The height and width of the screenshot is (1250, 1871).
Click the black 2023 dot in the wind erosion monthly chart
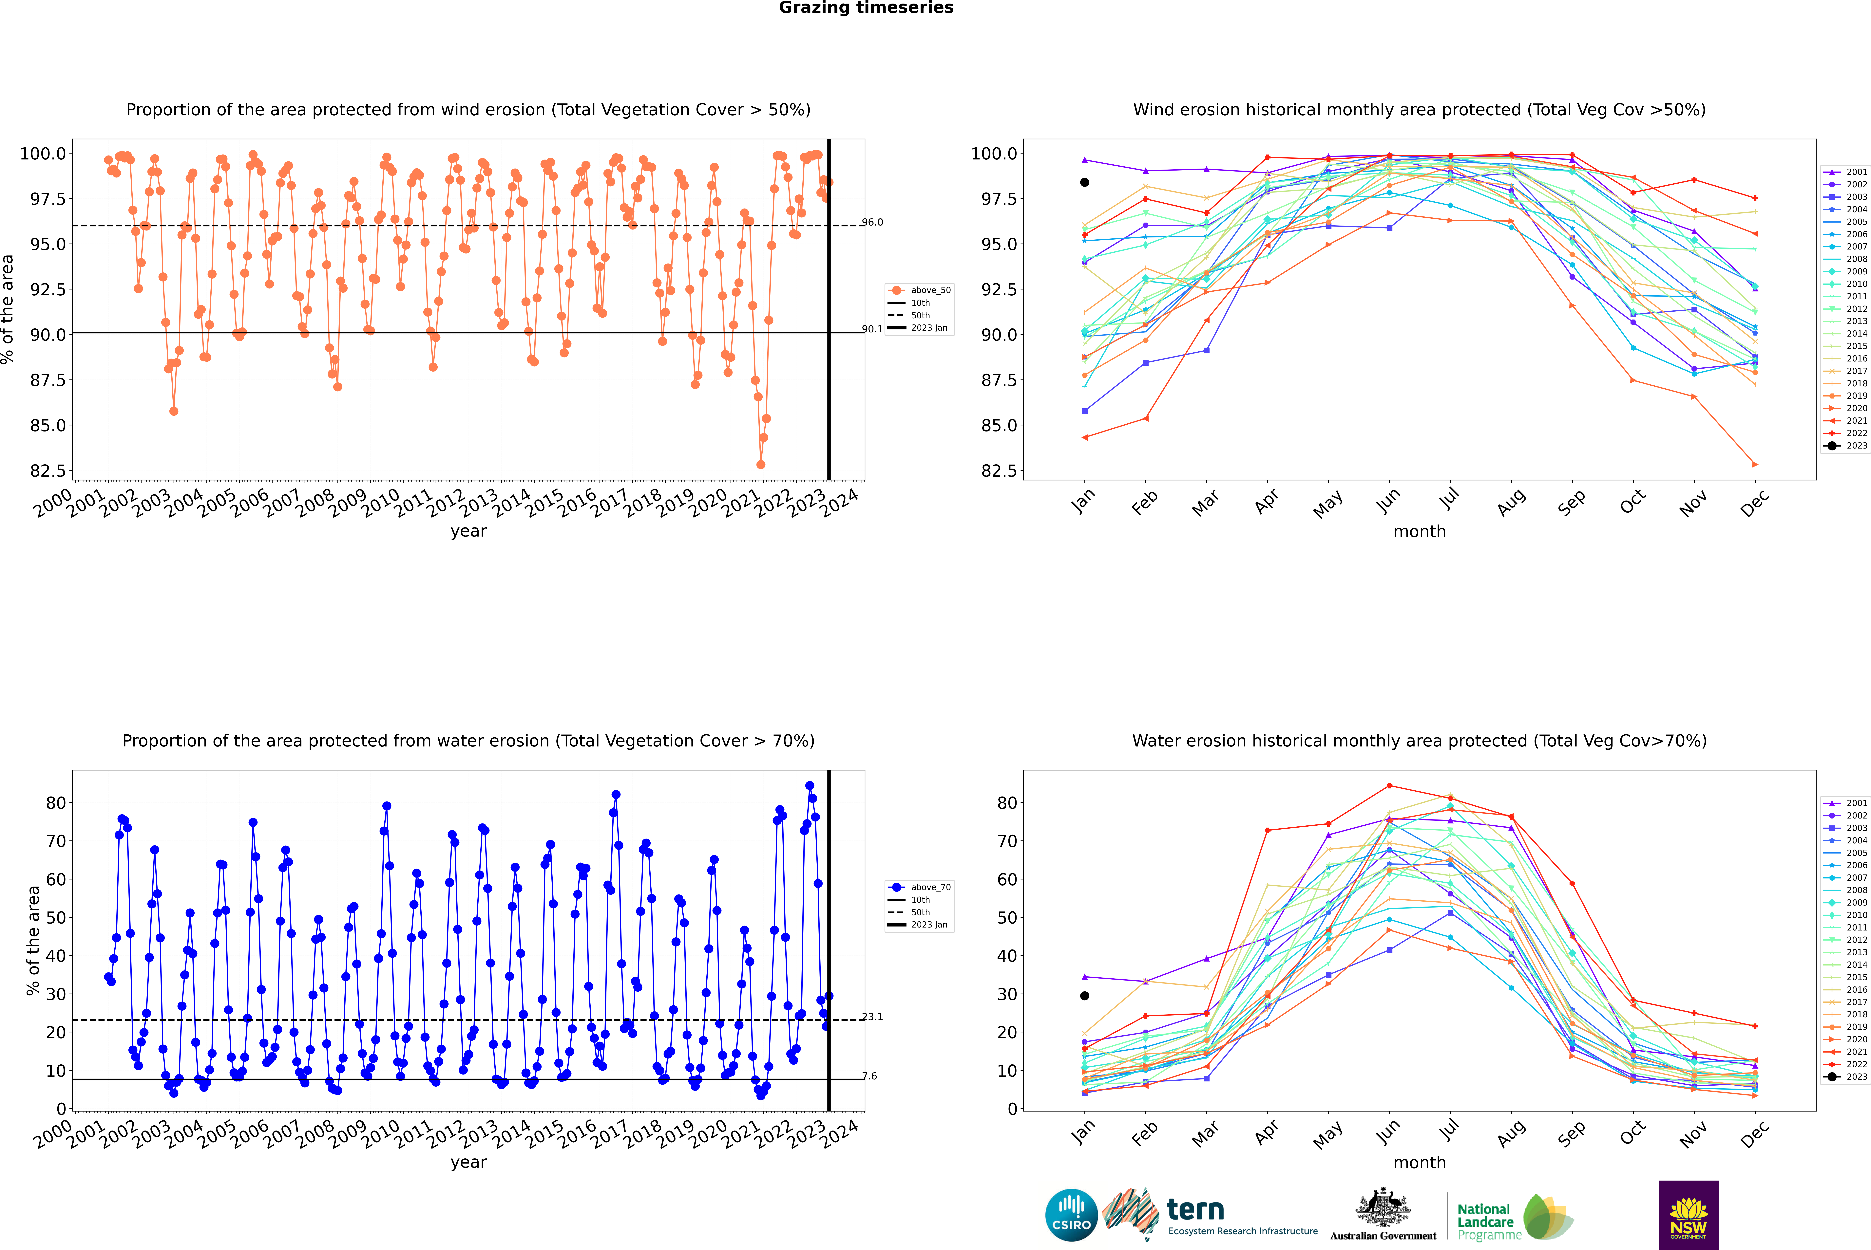pyautogui.click(x=1085, y=183)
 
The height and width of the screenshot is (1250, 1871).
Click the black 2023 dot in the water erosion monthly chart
pyautogui.click(x=1085, y=996)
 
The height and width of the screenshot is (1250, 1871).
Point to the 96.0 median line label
pyautogui.click(x=872, y=222)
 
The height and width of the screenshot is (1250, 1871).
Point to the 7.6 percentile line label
pyautogui.click(x=870, y=1076)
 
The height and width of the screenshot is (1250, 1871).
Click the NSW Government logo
pyautogui.click(x=1688, y=1215)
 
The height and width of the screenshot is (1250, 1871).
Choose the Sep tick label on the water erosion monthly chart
pyautogui.click(x=1572, y=1132)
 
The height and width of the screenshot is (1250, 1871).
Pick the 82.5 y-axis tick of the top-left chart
pyautogui.click(x=48, y=471)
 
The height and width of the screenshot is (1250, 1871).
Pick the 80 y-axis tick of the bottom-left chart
pyautogui.click(x=56, y=803)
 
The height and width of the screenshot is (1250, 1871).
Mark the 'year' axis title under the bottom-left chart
pyautogui.click(x=468, y=1162)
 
